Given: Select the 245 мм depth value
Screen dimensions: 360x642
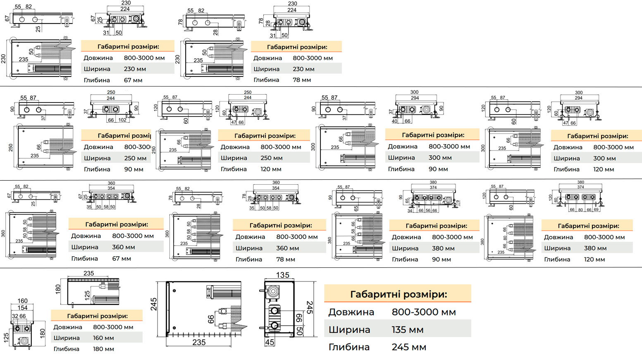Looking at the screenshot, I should (408, 347).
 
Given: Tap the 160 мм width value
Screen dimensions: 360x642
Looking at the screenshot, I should (103, 338).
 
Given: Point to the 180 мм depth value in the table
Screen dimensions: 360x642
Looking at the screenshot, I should (103, 349).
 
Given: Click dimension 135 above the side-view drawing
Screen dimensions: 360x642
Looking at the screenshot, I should (282, 275).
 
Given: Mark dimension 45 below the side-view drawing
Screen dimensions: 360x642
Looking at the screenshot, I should (270, 342).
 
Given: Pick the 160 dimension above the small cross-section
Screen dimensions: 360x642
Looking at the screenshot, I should (22, 301).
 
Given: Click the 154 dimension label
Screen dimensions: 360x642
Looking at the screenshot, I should (22, 308).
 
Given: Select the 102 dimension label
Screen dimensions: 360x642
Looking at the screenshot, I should (122, 120).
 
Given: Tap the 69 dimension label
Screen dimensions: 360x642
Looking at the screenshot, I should (596, 210).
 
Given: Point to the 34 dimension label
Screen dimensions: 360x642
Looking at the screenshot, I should (410, 210).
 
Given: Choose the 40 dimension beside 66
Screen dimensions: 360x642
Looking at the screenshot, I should (394, 121).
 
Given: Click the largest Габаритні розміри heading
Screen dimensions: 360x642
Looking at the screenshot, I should (398, 294).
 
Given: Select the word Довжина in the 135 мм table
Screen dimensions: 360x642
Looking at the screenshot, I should (351, 312).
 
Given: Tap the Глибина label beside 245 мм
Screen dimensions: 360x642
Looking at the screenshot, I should (349, 347).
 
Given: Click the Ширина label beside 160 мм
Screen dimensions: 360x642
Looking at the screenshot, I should (67, 338).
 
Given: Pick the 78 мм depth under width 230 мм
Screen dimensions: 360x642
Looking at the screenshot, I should (302, 80).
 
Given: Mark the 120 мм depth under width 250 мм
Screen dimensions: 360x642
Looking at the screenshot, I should (271, 169).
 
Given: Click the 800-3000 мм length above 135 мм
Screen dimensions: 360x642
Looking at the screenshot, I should (423, 312).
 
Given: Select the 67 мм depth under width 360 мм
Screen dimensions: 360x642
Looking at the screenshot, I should (122, 258).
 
